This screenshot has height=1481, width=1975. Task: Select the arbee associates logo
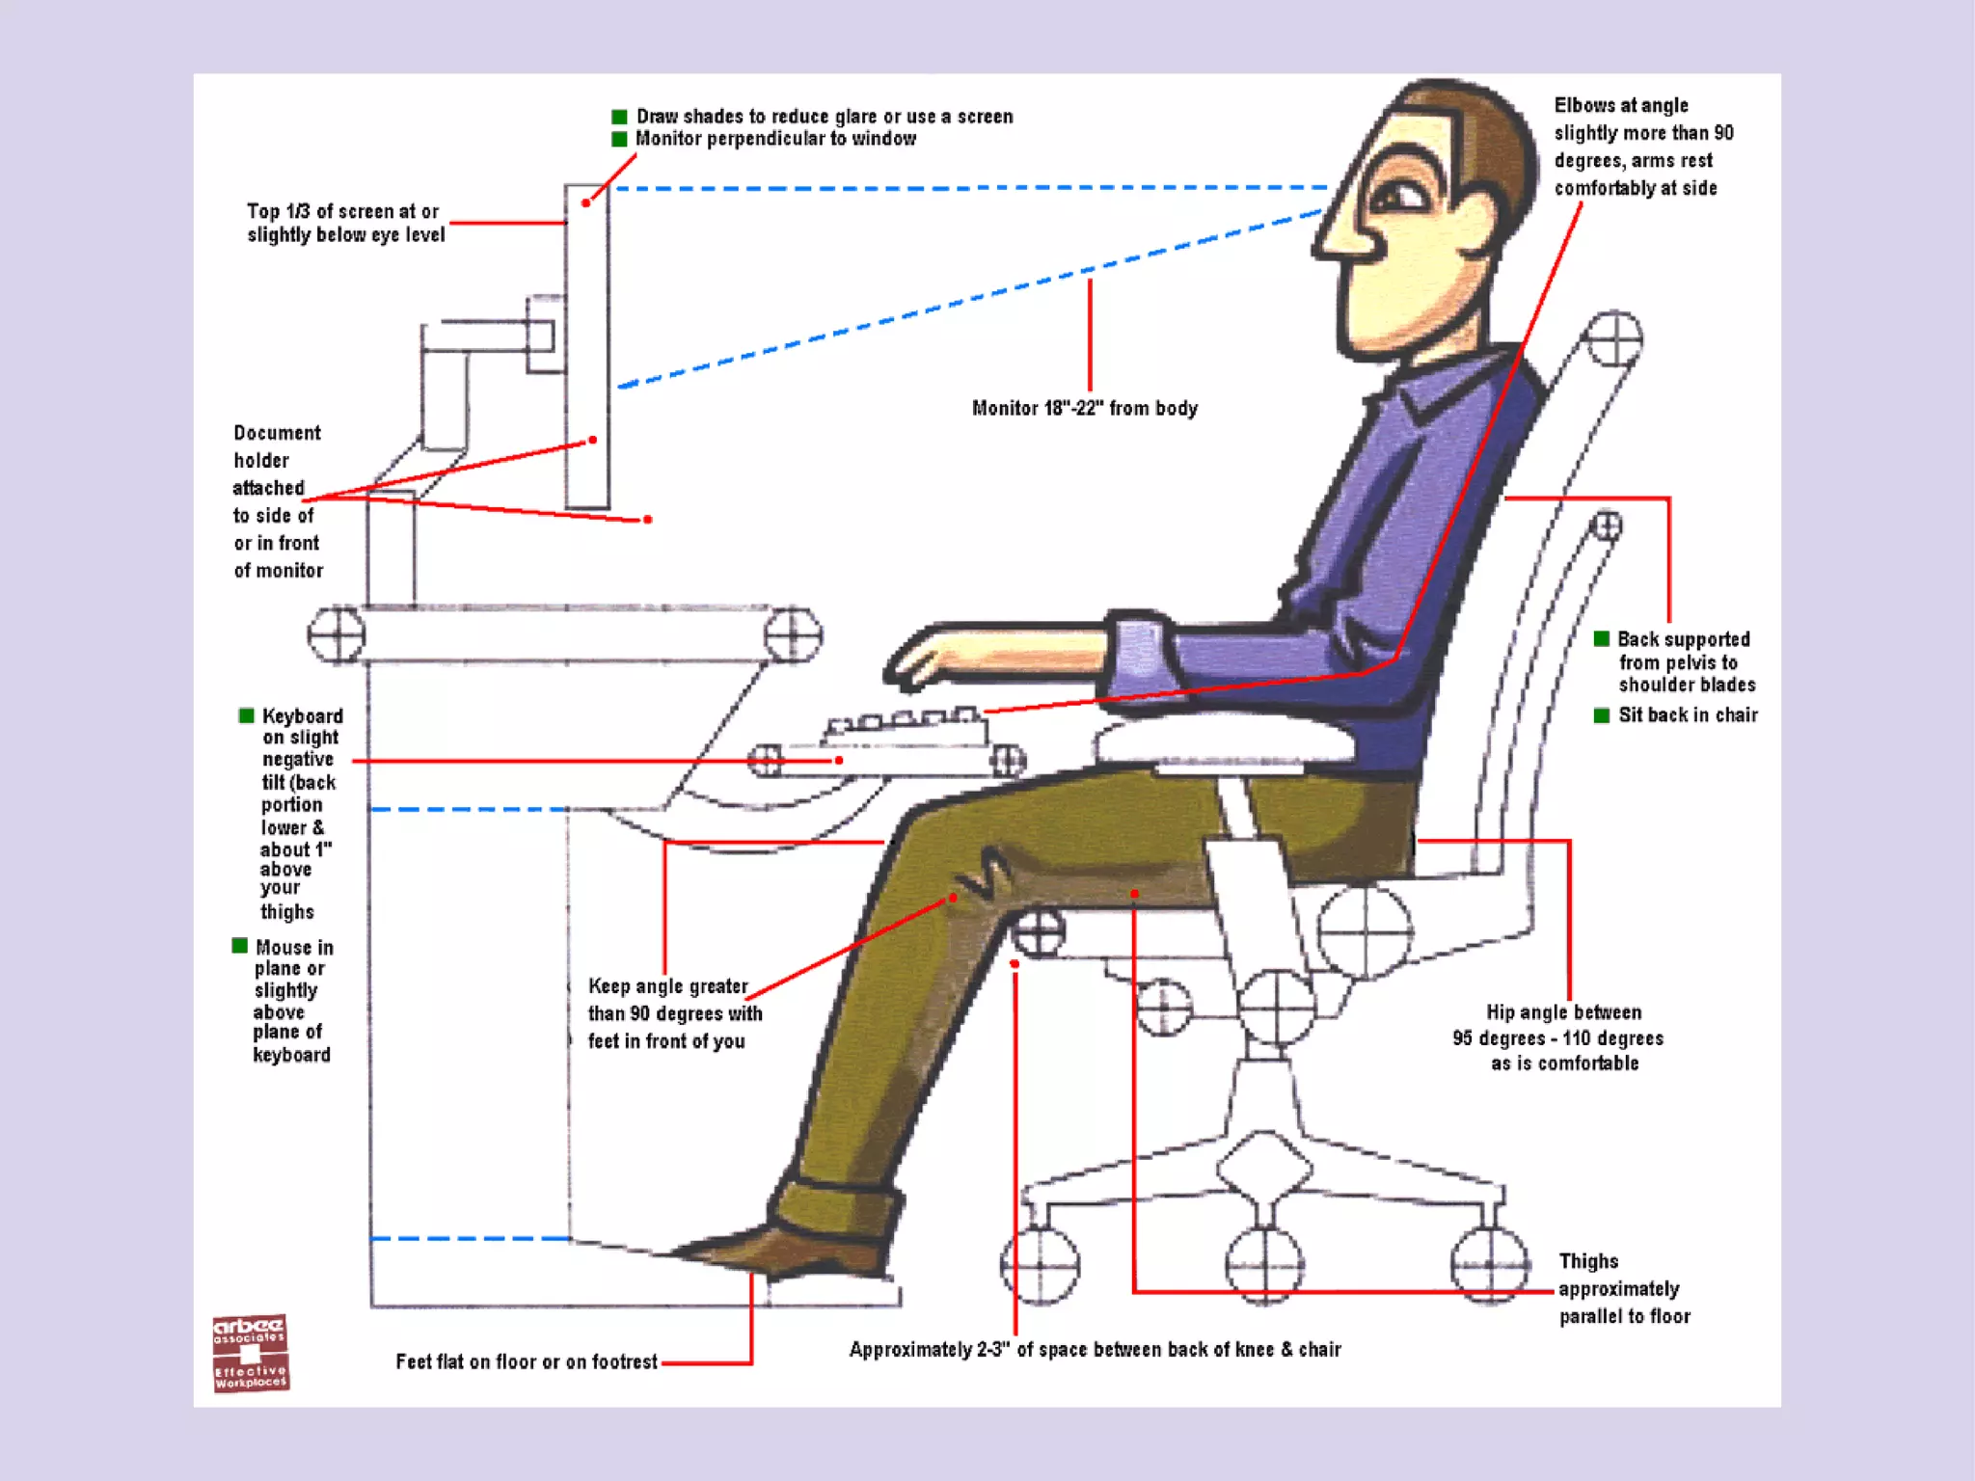(250, 1353)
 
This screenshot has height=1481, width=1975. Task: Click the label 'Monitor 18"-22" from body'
(1084, 409)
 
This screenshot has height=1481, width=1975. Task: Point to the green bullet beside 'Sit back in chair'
(1602, 715)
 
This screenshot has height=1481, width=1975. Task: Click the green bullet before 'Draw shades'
(619, 117)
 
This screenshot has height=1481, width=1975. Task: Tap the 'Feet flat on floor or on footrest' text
(526, 1361)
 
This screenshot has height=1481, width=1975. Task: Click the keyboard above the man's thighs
(905, 730)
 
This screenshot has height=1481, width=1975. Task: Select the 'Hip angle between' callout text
(1562, 1012)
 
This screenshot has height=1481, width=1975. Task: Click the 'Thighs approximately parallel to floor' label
(1623, 1289)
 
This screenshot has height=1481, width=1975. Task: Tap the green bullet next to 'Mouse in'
(240, 946)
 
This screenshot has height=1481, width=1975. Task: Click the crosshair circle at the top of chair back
(1614, 339)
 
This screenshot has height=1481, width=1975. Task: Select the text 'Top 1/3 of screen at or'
(342, 211)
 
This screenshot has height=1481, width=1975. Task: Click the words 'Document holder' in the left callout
(277, 446)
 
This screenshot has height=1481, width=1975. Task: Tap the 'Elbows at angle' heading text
(1620, 105)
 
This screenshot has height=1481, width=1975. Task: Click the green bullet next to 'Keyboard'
(247, 715)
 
